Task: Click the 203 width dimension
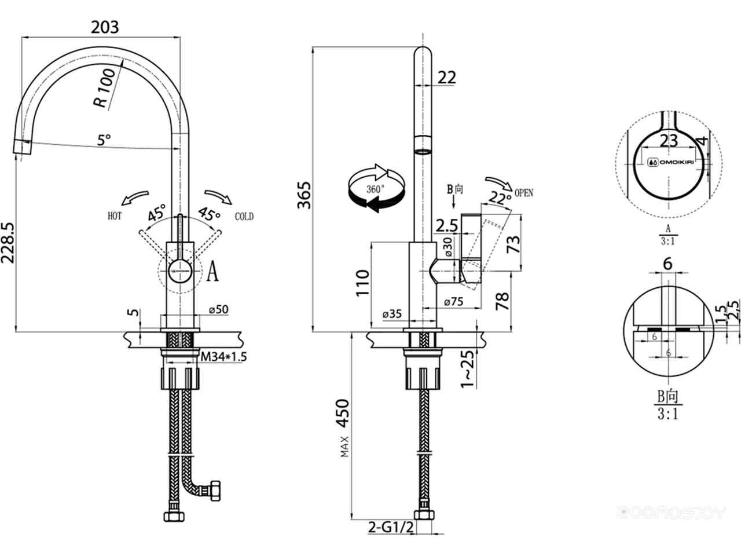pos(105,27)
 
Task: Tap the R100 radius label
pos(105,90)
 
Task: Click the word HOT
pos(115,217)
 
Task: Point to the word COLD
pos(244,217)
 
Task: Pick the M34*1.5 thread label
pos(223,357)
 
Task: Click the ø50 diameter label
pos(218,310)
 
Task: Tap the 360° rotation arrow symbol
pos(375,188)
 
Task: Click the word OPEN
pos(523,193)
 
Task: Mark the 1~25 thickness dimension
pos(468,368)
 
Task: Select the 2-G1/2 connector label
pos(391,527)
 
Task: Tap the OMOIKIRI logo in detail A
pos(670,163)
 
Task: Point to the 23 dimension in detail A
pos(669,141)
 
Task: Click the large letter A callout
pos(212,271)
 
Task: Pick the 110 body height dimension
pos(362,283)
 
